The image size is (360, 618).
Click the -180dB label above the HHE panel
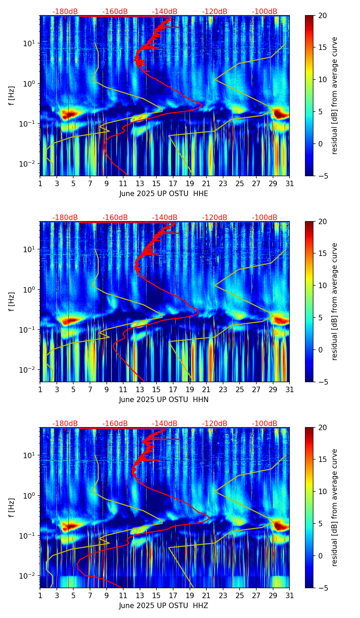[x=65, y=12]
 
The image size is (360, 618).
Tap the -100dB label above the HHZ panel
[x=265, y=424]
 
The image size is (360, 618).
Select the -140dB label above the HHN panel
[x=165, y=218]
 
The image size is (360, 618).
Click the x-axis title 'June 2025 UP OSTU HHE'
[x=164, y=194]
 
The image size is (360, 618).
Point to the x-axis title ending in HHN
[x=164, y=400]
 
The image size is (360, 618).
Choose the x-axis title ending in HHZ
[x=164, y=606]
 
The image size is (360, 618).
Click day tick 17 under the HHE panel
[x=173, y=183]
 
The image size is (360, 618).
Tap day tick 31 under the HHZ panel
[x=290, y=595]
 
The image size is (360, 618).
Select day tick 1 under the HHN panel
[x=40, y=389]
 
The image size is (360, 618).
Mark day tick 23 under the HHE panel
[x=223, y=183]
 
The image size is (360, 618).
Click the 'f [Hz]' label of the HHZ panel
[x=12, y=507]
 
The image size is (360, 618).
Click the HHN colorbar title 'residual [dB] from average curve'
[x=334, y=301]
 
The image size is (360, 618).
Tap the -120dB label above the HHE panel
[x=215, y=12]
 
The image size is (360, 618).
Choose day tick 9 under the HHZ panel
[x=106, y=595]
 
